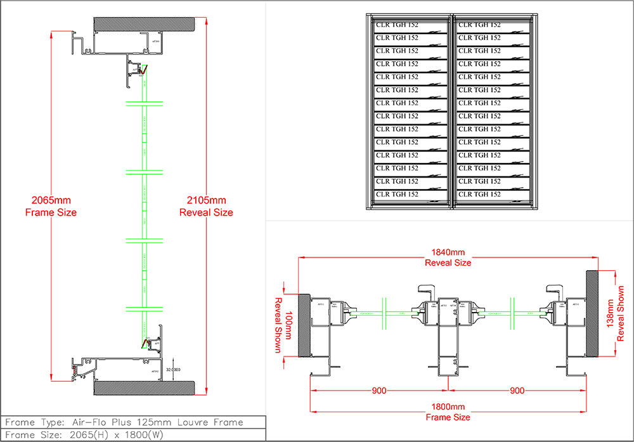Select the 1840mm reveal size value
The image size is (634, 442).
(x=448, y=252)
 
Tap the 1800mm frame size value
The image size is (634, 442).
(x=448, y=406)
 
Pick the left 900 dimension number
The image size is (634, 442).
(x=379, y=391)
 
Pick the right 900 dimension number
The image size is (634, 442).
(x=517, y=391)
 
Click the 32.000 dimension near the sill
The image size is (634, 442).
(x=172, y=368)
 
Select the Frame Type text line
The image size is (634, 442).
(x=124, y=422)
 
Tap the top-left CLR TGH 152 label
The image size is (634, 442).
(x=397, y=25)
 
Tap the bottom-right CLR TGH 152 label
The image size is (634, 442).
(x=479, y=194)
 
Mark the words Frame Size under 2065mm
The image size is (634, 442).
(x=51, y=212)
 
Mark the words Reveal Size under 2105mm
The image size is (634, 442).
(x=206, y=212)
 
